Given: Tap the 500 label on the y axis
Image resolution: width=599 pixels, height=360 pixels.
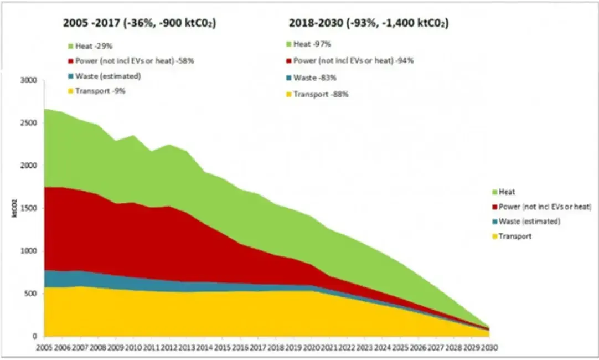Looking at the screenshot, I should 30,294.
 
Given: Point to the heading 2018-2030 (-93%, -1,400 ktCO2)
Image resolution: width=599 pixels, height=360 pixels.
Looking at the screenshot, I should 369,23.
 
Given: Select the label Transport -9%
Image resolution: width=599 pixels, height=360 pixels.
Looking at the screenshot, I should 103,91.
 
